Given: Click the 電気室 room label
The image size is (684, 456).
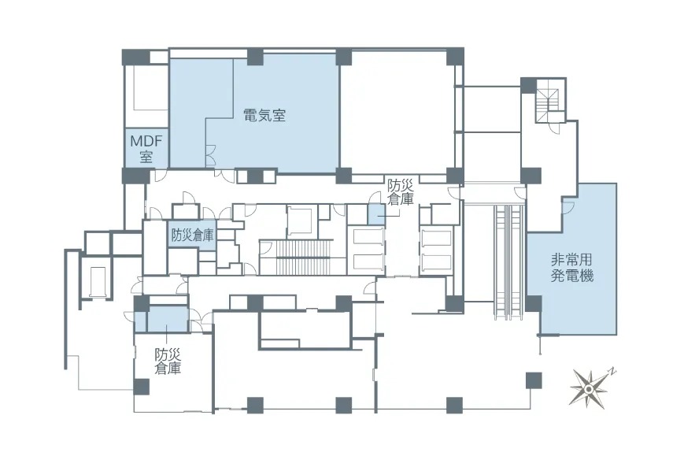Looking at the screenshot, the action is pyautogui.click(x=264, y=116).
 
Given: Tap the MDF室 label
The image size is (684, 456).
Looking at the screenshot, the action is pyautogui.click(x=146, y=148).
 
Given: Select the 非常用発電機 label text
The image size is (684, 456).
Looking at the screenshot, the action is pyautogui.click(x=571, y=268).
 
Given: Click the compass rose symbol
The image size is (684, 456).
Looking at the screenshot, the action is pyautogui.click(x=588, y=388).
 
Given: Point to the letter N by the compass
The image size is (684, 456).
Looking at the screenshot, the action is pyautogui.click(x=613, y=372).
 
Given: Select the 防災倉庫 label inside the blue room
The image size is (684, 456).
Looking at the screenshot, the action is pyautogui.click(x=192, y=235).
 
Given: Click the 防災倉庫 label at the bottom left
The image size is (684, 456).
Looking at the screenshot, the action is pyautogui.click(x=168, y=361).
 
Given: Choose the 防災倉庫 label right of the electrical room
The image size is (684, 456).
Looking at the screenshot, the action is pyautogui.click(x=400, y=192).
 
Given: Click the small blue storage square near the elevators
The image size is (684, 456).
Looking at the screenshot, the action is pyautogui.click(x=376, y=214).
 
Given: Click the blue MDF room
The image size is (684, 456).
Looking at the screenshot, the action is pyautogui.click(x=146, y=147).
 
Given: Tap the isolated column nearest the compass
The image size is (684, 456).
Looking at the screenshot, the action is pyautogui.click(x=534, y=380).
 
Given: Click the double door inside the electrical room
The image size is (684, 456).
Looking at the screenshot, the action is pyautogui.click(x=210, y=156).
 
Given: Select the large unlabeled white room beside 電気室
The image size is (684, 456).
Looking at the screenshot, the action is pyautogui.click(x=397, y=114).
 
